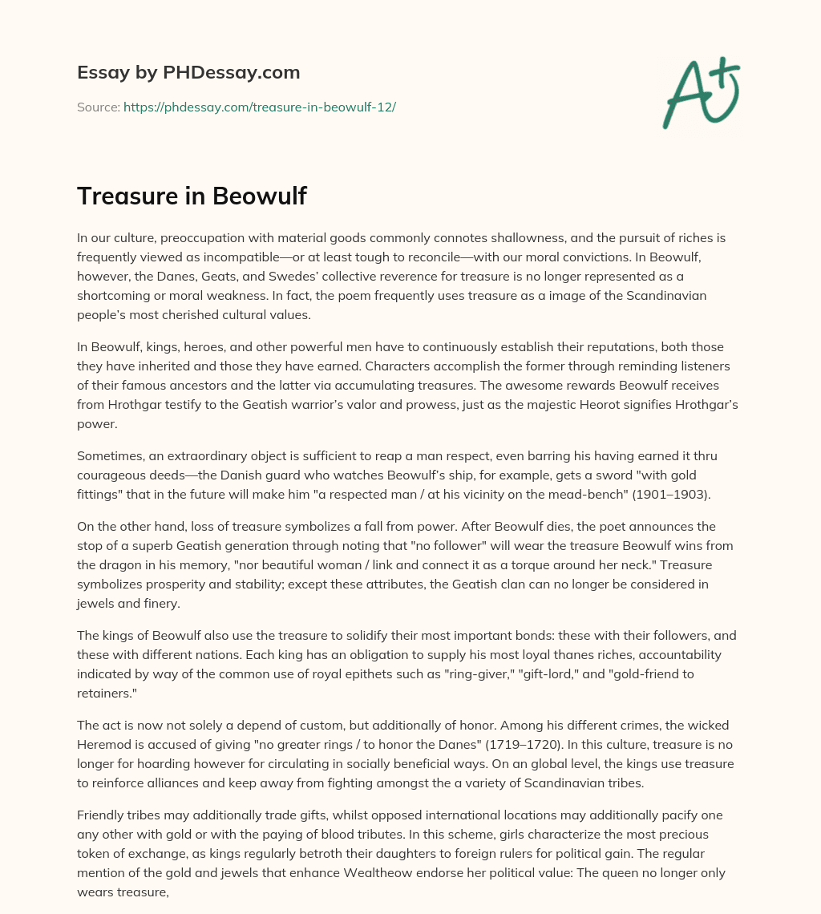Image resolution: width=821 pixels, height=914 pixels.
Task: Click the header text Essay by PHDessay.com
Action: [188, 73]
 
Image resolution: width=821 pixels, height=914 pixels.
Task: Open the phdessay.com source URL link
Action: [259, 107]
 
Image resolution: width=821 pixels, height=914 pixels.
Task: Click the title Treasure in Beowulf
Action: [192, 196]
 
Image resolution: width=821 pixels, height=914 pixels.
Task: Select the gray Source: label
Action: [98, 107]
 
